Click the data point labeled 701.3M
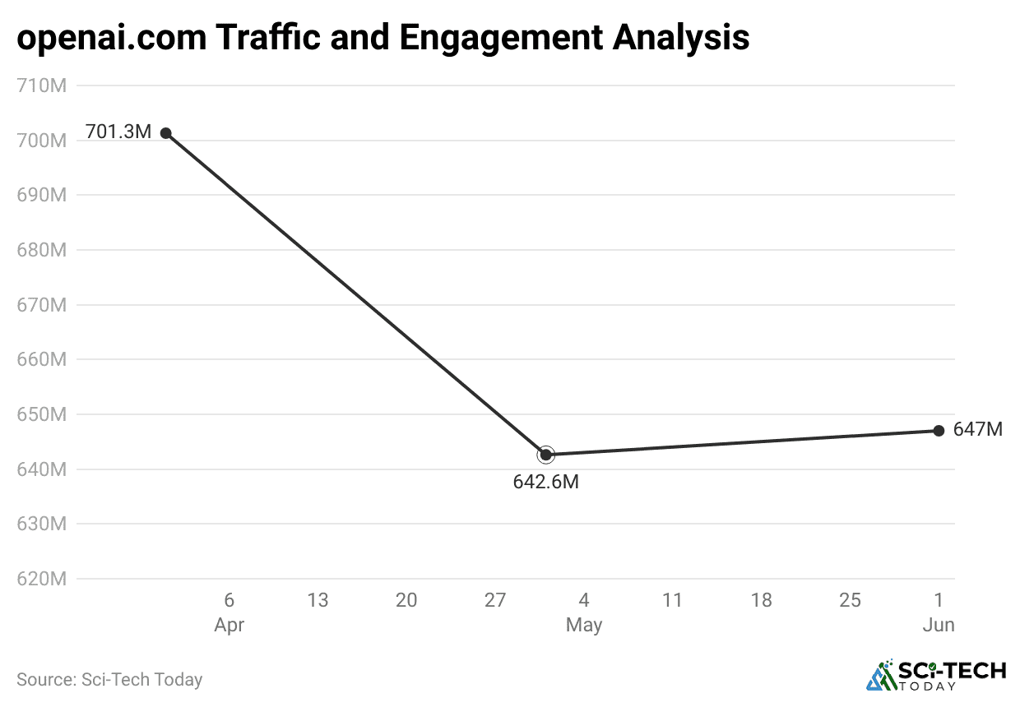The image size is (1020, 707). [165, 132]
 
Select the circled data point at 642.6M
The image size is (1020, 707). [546, 455]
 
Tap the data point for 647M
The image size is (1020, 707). [939, 431]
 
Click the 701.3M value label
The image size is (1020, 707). [118, 132]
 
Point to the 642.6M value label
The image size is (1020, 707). [545, 483]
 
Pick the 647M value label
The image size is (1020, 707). [977, 429]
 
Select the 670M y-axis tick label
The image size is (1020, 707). [41, 305]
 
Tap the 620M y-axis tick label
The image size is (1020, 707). [41, 579]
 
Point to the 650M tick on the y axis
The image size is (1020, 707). [41, 414]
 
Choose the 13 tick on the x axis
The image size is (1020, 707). [318, 601]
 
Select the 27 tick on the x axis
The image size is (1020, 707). [494, 601]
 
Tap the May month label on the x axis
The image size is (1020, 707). [583, 626]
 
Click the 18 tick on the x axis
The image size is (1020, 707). [761, 601]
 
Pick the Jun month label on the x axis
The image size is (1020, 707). [938, 626]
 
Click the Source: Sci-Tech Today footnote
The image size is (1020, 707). [109, 680]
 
